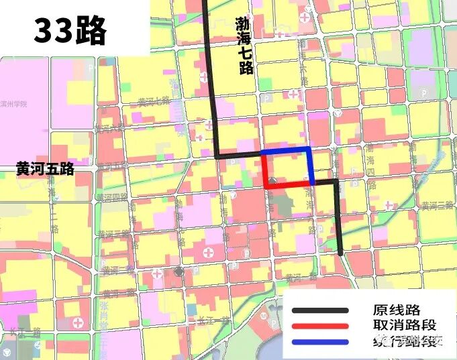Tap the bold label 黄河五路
pos(46,170)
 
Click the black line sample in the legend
pos(320,310)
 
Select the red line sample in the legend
pos(320,326)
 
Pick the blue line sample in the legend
pos(320,342)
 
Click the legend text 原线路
pos(397,310)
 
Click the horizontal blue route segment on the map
pos(285,149)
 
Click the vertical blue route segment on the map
pos(311,166)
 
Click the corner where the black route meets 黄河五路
pos(217,156)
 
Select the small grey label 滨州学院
pos(13,105)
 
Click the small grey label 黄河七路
pos(154,101)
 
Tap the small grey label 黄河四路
pos(111,198)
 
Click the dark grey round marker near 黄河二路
pos(179,271)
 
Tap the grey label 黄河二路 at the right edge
pos(439,206)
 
